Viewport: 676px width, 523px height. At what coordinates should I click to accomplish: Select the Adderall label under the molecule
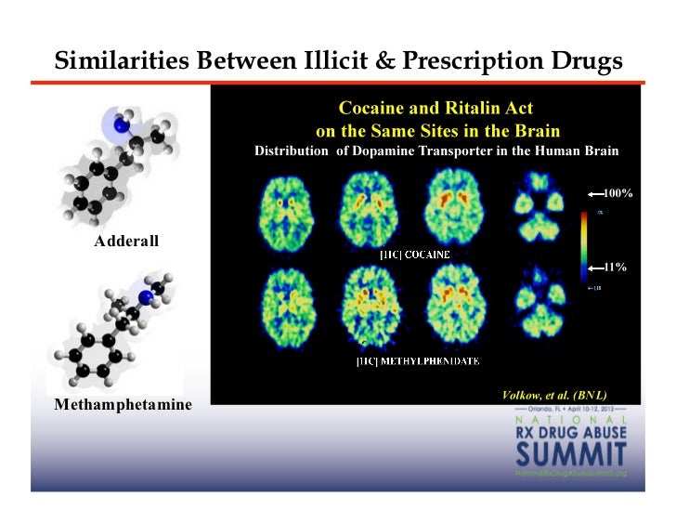127,242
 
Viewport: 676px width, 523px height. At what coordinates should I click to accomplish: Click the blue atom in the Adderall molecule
119,124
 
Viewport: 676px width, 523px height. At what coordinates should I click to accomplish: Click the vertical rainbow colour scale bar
582,244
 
